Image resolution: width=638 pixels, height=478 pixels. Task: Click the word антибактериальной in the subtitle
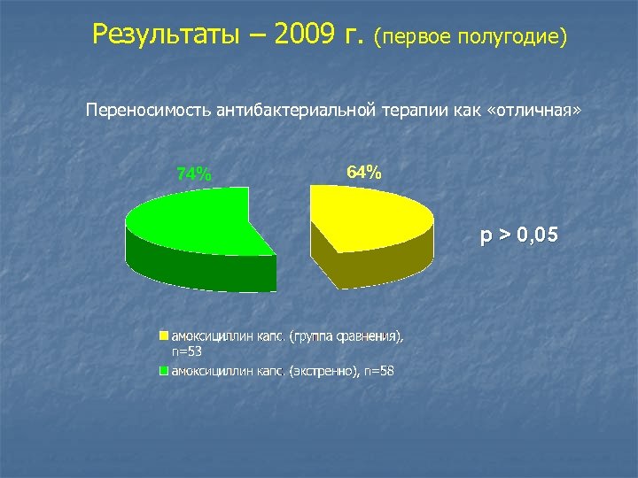pos(292,111)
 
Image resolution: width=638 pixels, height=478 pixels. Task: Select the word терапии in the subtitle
pos(412,111)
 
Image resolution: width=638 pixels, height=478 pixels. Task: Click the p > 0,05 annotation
pos(518,235)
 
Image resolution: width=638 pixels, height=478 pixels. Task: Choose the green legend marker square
pos(163,371)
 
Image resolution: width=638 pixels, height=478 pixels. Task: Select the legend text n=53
pos(187,351)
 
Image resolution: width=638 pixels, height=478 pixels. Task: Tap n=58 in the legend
pos(378,371)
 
